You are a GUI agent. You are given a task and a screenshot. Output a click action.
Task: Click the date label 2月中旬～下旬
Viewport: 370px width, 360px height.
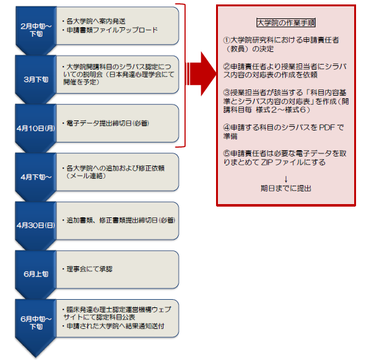(36, 30)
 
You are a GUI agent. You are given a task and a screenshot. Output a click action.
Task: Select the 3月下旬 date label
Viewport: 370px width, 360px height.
(36, 80)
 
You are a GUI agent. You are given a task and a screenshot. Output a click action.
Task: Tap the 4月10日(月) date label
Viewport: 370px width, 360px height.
(36, 129)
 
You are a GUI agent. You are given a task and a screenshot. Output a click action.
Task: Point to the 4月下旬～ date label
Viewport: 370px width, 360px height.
(36, 177)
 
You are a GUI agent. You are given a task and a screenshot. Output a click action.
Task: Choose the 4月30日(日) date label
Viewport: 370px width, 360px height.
(36, 225)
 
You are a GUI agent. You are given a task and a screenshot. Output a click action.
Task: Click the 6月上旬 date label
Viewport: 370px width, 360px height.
(36, 274)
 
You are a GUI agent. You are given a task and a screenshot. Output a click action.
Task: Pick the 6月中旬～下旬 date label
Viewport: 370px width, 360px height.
(36, 323)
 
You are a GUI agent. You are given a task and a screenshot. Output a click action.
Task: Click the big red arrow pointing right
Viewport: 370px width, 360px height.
(202, 74)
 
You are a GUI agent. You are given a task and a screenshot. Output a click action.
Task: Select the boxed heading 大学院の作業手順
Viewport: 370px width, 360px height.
(286, 23)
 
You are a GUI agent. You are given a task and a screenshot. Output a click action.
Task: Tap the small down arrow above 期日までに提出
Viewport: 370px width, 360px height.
(286, 179)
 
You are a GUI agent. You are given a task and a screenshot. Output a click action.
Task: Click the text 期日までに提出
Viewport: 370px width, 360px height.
(286, 188)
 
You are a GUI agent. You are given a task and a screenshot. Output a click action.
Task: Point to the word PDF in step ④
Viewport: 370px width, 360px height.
(327, 127)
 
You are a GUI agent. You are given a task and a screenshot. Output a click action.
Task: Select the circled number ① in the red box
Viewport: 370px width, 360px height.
(227, 40)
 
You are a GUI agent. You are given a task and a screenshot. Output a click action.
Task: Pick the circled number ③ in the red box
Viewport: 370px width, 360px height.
(227, 93)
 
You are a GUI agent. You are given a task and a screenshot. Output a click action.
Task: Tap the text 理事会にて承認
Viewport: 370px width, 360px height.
(87, 269)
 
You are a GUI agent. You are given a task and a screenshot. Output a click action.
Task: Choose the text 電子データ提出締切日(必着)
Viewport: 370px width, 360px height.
(106, 123)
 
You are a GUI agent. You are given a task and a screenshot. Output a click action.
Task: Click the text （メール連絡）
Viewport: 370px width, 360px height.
(86, 176)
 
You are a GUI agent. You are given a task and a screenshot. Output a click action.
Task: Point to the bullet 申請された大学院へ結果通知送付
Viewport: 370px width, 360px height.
(113, 326)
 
